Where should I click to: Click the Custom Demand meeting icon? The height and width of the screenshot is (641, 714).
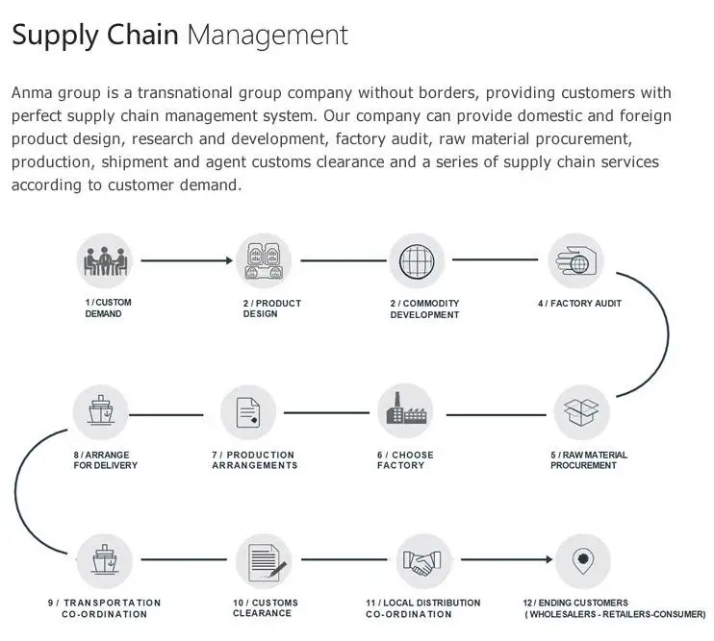coord(105,261)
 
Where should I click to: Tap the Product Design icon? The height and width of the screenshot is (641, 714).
coord(265,261)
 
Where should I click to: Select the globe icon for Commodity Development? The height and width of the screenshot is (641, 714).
coord(418,261)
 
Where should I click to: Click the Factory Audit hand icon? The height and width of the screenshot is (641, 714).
coord(575,261)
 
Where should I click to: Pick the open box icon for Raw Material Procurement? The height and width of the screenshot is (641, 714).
coord(581,413)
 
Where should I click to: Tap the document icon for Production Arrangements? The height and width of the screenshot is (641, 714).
coord(248,413)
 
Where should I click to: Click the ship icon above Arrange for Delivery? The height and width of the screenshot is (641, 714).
coord(101,413)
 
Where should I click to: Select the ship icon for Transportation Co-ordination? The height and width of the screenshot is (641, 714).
coord(101,562)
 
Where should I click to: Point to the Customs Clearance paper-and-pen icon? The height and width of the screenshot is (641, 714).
coord(264,562)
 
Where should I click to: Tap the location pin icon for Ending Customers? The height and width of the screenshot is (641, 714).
coord(582,562)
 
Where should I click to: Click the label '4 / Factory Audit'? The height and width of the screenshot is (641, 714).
coord(579,304)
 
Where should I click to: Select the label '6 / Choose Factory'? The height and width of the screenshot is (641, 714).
coord(405,460)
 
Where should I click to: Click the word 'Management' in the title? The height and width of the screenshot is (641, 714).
coord(267,37)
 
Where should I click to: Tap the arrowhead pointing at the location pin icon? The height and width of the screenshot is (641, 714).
coord(548,562)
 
